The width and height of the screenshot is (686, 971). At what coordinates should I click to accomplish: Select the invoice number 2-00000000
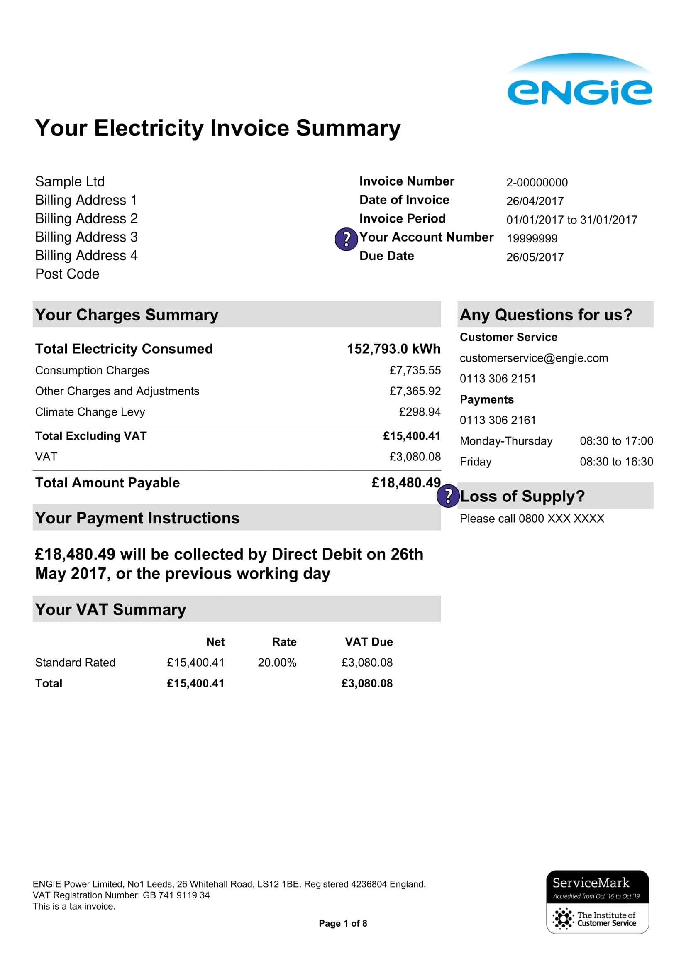537,183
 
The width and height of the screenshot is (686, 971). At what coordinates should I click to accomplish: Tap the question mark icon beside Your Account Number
346,240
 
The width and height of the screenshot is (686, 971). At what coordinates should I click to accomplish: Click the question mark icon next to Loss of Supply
448,496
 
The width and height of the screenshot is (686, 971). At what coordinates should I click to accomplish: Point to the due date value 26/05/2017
535,257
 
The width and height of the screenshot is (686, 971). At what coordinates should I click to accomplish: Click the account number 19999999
532,239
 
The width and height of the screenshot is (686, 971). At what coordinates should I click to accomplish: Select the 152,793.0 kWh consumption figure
393,349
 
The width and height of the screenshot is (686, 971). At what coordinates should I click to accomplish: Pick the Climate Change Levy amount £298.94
419,412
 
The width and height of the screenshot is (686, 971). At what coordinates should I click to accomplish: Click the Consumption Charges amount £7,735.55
415,370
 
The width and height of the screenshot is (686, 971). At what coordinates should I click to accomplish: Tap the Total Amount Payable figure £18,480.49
406,482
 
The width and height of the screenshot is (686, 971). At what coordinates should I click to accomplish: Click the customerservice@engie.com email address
533,358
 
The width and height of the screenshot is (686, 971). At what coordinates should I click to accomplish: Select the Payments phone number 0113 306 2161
498,420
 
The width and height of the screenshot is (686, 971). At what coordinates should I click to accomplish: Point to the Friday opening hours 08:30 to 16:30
616,462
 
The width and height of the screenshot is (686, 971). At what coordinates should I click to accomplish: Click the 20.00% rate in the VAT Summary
277,663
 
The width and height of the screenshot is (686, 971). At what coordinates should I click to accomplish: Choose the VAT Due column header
369,642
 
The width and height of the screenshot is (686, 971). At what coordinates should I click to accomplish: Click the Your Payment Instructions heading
137,518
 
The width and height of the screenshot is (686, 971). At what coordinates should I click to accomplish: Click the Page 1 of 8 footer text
343,923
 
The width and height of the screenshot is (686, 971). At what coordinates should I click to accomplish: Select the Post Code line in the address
67,274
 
